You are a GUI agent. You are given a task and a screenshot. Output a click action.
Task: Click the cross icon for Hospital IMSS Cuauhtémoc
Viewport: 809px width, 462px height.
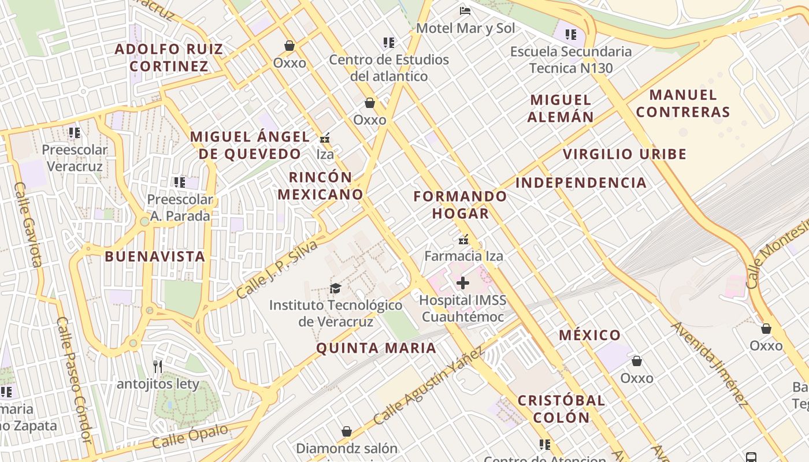[463, 283]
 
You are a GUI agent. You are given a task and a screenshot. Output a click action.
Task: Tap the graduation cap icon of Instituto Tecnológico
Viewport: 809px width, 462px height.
[335, 288]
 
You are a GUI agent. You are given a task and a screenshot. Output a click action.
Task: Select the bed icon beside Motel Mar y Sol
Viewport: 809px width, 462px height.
[465, 10]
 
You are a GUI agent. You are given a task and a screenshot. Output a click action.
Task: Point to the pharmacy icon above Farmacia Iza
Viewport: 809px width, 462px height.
[463, 239]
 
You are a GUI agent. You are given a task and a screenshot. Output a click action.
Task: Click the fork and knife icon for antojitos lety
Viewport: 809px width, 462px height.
[157, 367]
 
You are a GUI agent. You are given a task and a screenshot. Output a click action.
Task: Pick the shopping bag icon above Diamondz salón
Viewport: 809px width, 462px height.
[347, 431]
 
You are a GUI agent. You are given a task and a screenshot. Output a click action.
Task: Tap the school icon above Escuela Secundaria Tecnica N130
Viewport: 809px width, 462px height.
[571, 35]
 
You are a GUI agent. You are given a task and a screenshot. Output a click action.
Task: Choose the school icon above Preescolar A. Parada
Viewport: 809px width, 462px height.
[179, 182]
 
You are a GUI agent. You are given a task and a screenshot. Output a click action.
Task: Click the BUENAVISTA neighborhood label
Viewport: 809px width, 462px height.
[155, 256]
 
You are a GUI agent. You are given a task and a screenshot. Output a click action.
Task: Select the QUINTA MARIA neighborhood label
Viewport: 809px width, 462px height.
[376, 348]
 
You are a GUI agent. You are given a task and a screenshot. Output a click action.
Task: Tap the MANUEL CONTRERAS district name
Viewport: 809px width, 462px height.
[683, 103]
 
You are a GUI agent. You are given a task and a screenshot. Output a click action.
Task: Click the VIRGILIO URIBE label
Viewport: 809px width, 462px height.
[625, 154]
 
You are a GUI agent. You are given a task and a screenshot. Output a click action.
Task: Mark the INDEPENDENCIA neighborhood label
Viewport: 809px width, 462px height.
[581, 183]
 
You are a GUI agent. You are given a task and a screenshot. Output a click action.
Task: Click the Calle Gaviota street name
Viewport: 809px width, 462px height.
[28, 225]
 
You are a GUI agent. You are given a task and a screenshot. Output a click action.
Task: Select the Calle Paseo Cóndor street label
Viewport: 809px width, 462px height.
[75, 380]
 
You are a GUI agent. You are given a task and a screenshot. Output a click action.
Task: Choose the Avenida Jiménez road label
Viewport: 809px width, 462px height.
[709, 364]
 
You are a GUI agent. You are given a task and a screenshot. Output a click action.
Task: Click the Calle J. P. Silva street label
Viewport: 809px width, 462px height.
[277, 270]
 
